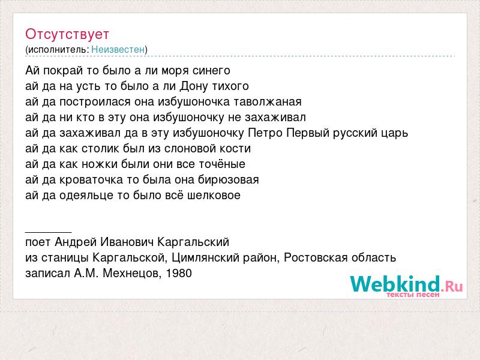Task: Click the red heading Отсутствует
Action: tap(67, 34)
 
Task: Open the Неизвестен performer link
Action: tap(118, 49)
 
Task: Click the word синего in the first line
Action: tap(211, 71)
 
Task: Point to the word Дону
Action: tap(193, 86)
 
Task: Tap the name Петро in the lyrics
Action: tap(265, 133)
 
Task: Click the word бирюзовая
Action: tap(229, 179)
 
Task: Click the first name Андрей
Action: tap(76, 242)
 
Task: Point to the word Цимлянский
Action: tap(206, 258)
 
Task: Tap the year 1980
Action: tap(179, 273)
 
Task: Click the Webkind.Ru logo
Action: tap(406, 284)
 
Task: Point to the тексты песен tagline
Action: tap(413, 295)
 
